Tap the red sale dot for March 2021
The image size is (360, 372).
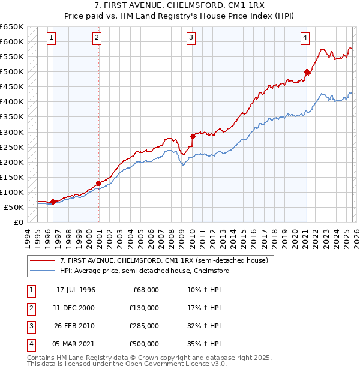coord(307,72)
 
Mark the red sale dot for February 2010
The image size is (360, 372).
coord(193,136)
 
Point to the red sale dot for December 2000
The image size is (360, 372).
coord(98,183)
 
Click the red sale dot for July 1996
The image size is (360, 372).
coord(53,202)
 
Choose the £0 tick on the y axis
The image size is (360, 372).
coord(17,222)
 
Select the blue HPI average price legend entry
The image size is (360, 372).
coord(144,271)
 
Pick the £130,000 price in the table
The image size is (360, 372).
coord(144,307)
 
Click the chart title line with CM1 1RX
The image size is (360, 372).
coord(181,7)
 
